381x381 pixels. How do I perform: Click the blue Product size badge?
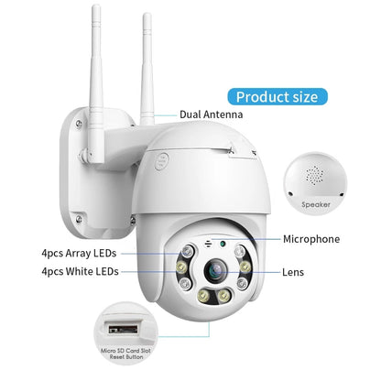point(278,97)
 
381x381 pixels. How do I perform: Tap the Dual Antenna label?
point(212,114)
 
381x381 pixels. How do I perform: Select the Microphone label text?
point(311,239)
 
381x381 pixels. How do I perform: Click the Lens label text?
point(293,272)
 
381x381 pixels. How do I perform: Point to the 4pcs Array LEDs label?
point(79,253)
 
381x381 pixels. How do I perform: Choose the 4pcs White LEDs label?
point(80,271)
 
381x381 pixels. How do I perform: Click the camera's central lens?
point(216,270)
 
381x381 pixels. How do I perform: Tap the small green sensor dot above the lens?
point(223,244)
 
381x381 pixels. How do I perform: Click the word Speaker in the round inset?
point(316,205)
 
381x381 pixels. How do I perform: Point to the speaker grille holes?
point(315,176)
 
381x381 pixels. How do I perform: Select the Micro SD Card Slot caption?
point(125,351)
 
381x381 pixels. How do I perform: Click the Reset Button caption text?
point(126,357)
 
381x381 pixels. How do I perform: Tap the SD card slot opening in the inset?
point(124,330)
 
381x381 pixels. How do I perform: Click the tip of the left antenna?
point(96,5)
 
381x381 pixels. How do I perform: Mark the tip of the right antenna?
point(147,14)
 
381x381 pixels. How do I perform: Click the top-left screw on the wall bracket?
point(79,123)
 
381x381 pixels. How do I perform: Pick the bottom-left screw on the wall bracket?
point(79,219)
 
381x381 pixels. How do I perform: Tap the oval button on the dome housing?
point(161,161)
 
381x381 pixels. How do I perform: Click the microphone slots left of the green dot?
point(209,244)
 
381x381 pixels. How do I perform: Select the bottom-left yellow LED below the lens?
point(202,295)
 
